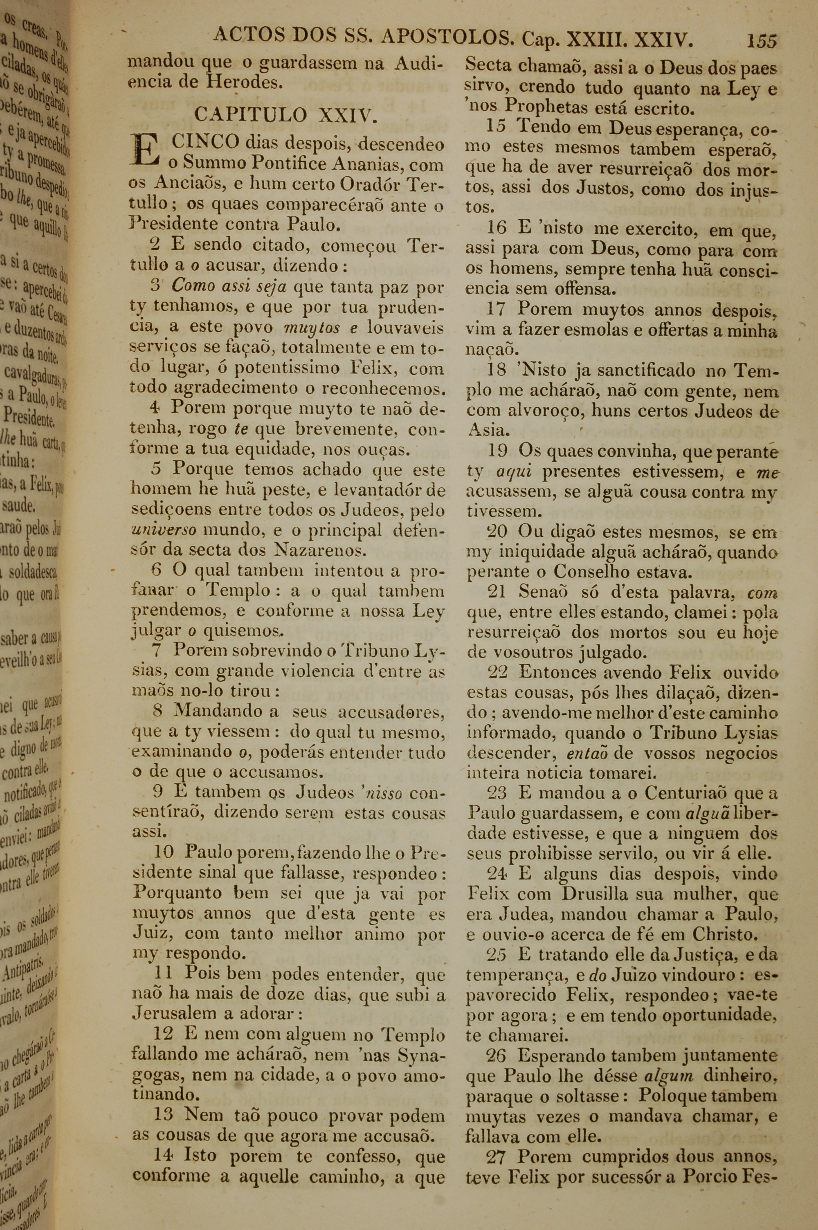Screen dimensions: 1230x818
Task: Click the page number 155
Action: point(761,40)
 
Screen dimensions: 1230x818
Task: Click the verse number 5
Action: point(156,468)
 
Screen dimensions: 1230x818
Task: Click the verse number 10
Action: point(164,852)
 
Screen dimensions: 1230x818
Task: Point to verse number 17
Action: point(496,309)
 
